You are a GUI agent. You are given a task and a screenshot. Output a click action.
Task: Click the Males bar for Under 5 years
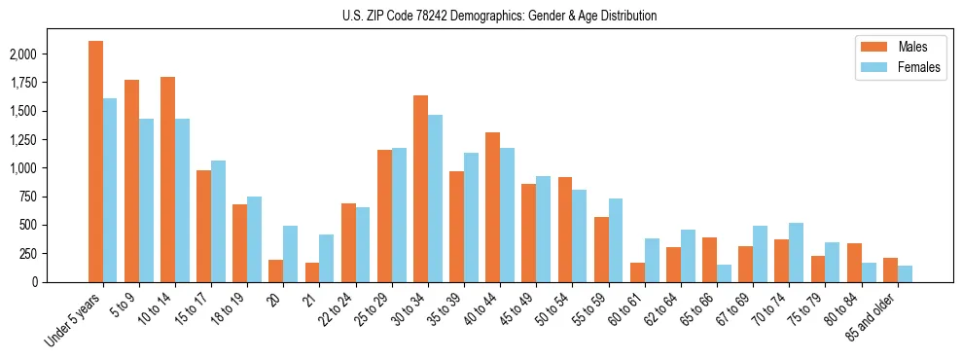click(95, 162)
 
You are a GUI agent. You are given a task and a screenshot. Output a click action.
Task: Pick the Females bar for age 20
click(291, 254)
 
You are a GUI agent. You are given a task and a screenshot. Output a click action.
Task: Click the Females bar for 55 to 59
click(615, 240)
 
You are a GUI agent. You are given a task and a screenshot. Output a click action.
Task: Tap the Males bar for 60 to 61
click(637, 272)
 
